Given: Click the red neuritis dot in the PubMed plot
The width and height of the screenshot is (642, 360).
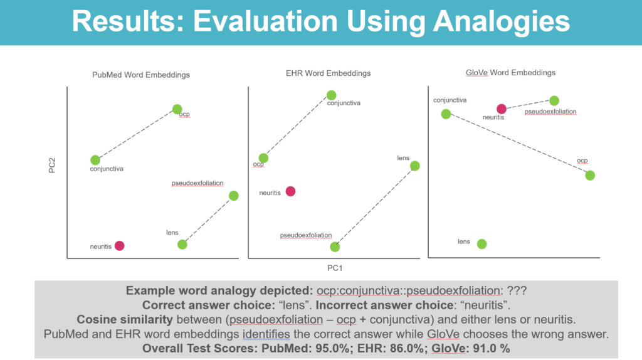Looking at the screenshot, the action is pyautogui.click(x=120, y=246).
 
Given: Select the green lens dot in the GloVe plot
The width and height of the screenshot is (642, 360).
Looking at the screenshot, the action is pyautogui.click(x=482, y=244).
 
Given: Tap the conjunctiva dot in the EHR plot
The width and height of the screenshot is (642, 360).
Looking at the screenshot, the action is pyautogui.click(x=332, y=95).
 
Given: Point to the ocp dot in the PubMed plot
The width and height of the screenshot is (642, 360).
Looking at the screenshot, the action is pyautogui.click(x=177, y=109).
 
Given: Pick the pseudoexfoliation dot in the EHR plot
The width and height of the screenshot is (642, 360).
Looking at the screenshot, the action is pyautogui.click(x=335, y=247).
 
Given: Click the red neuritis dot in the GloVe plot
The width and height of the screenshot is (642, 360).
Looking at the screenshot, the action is pyautogui.click(x=502, y=109).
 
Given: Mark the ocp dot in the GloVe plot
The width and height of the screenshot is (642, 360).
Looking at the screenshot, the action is pyautogui.click(x=590, y=176).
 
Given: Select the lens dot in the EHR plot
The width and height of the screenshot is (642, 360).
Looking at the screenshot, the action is pyautogui.click(x=415, y=166).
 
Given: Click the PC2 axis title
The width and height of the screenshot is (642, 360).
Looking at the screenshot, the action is pyautogui.click(x=52, y=166).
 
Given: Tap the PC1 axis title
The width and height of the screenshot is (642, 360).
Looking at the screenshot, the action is pyautogui.click(x=335, y=268).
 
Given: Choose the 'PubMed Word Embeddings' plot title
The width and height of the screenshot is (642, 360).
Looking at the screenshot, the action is pyautogui.click(x=141, y=75).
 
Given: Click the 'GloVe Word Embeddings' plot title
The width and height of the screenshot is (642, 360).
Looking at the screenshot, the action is pyautogui.click(x=510, y=73).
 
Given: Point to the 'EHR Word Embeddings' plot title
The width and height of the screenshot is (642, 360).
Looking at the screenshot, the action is pyautogui.click(x=329, y=73).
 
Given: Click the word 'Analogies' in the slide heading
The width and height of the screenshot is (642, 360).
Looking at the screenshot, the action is pyautogui.click(x=502, y=21).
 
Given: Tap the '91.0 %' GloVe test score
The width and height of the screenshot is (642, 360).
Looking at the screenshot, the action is pyautogui.click(x=492, y=349).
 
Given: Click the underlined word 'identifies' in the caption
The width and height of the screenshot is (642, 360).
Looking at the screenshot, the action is pyautogui.click(x=266, y=334).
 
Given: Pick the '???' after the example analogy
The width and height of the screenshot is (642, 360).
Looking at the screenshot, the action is pyautogui.click(x=517, y=291).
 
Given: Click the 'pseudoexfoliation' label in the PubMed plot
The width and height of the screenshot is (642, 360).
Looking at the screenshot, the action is pyautogui.click(x=197, y=183).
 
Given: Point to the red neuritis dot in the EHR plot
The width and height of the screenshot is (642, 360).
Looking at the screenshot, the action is pyautogui.click(x=291, y=191).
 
